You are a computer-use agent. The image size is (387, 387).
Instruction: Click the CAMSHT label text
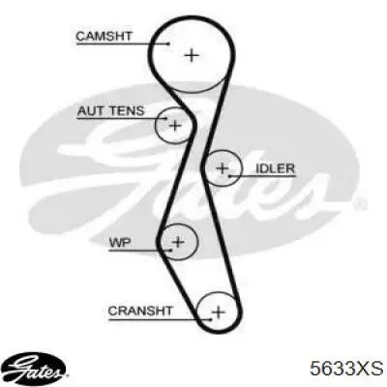point(104,36)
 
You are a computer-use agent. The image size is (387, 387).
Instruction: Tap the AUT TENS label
point(110,111)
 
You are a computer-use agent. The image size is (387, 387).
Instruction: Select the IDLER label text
point(275,168)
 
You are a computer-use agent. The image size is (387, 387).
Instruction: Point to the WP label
point(120,242)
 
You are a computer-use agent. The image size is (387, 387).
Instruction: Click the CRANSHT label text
point(140,311)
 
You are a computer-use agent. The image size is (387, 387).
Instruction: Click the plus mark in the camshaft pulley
point(192,55)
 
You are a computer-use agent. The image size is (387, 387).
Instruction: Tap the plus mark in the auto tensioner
point(175,126)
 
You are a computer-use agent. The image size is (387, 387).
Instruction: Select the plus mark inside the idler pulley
point(223,168)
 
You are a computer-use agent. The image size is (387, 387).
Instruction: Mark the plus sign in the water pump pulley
point(178,242)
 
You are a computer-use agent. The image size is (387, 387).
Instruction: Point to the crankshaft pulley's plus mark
point(219,312)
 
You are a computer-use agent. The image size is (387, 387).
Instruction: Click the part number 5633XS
point(346,369)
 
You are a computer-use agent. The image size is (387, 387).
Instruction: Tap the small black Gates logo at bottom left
point(36,369)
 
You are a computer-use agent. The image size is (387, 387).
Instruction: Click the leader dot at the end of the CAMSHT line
point(168,44)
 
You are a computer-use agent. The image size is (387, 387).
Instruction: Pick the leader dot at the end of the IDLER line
point(229,176)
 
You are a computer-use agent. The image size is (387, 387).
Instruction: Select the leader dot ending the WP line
point(170,250)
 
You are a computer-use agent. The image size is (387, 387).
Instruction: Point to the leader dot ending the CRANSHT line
point(210,319)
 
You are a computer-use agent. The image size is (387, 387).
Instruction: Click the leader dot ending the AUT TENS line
point(165,118)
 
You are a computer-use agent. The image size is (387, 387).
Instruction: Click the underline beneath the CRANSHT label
point(160,319)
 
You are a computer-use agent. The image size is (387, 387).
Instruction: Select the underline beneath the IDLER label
point(262,176)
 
